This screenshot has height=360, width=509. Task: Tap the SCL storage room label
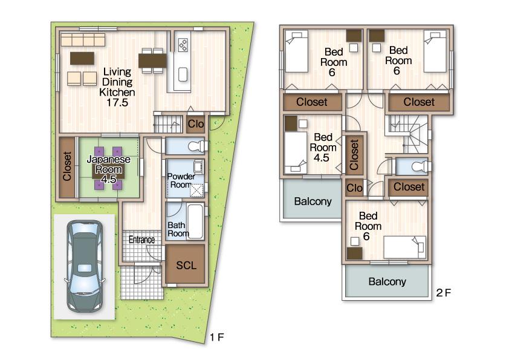tap(186, 265)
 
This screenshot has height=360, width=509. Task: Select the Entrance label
tap(141, 240)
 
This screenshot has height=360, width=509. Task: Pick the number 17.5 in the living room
tap(117, 103)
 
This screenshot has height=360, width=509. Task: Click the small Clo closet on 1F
tap(196, 123)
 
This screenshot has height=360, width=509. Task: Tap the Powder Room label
tap(180, 180)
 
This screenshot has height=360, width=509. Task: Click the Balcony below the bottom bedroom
tap(387, 281)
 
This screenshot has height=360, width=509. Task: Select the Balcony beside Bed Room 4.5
tap(313, 201)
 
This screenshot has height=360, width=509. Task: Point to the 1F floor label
tap(217, 337)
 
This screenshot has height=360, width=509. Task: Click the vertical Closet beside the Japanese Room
tap(66, 167)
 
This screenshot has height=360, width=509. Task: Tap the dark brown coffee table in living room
tap(82, 58)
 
